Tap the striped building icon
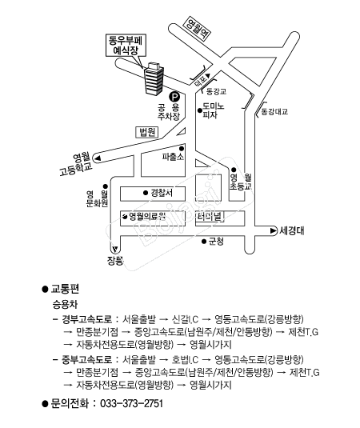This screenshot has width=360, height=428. (152, 78)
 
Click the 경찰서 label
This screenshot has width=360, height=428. (162, 193)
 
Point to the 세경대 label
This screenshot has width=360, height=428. (295, 231)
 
